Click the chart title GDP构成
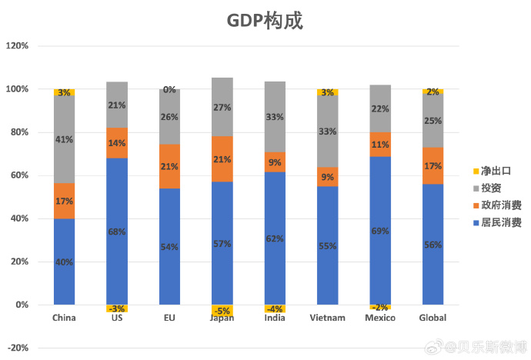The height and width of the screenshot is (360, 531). coord(265,21)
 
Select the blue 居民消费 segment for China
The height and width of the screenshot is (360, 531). coord(64,262)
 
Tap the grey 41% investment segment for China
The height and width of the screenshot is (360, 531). coord(64,139)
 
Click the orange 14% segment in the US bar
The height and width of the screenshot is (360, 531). coord(117,143)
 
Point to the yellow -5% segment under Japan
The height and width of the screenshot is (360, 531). coord(222,310)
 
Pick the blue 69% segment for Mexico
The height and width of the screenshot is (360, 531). coord(380,231)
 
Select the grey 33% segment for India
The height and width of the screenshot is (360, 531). coord(275,117)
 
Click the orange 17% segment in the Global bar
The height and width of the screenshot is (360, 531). coord(432,165)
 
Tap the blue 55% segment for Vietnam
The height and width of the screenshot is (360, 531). coord(328,245)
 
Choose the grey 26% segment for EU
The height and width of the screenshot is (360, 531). coord(169,117)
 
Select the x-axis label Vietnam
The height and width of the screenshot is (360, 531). coord(327,318)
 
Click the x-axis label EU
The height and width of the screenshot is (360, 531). coord(169,318)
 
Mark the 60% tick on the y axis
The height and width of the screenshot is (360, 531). coord(19,175)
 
